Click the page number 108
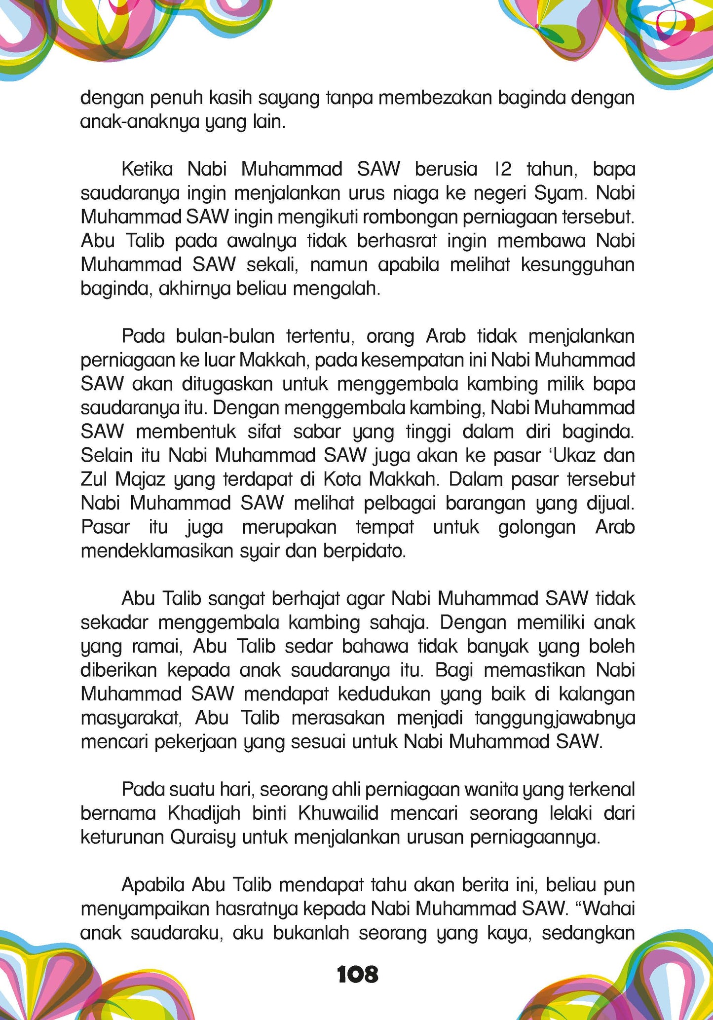357,975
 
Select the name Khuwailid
338,814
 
